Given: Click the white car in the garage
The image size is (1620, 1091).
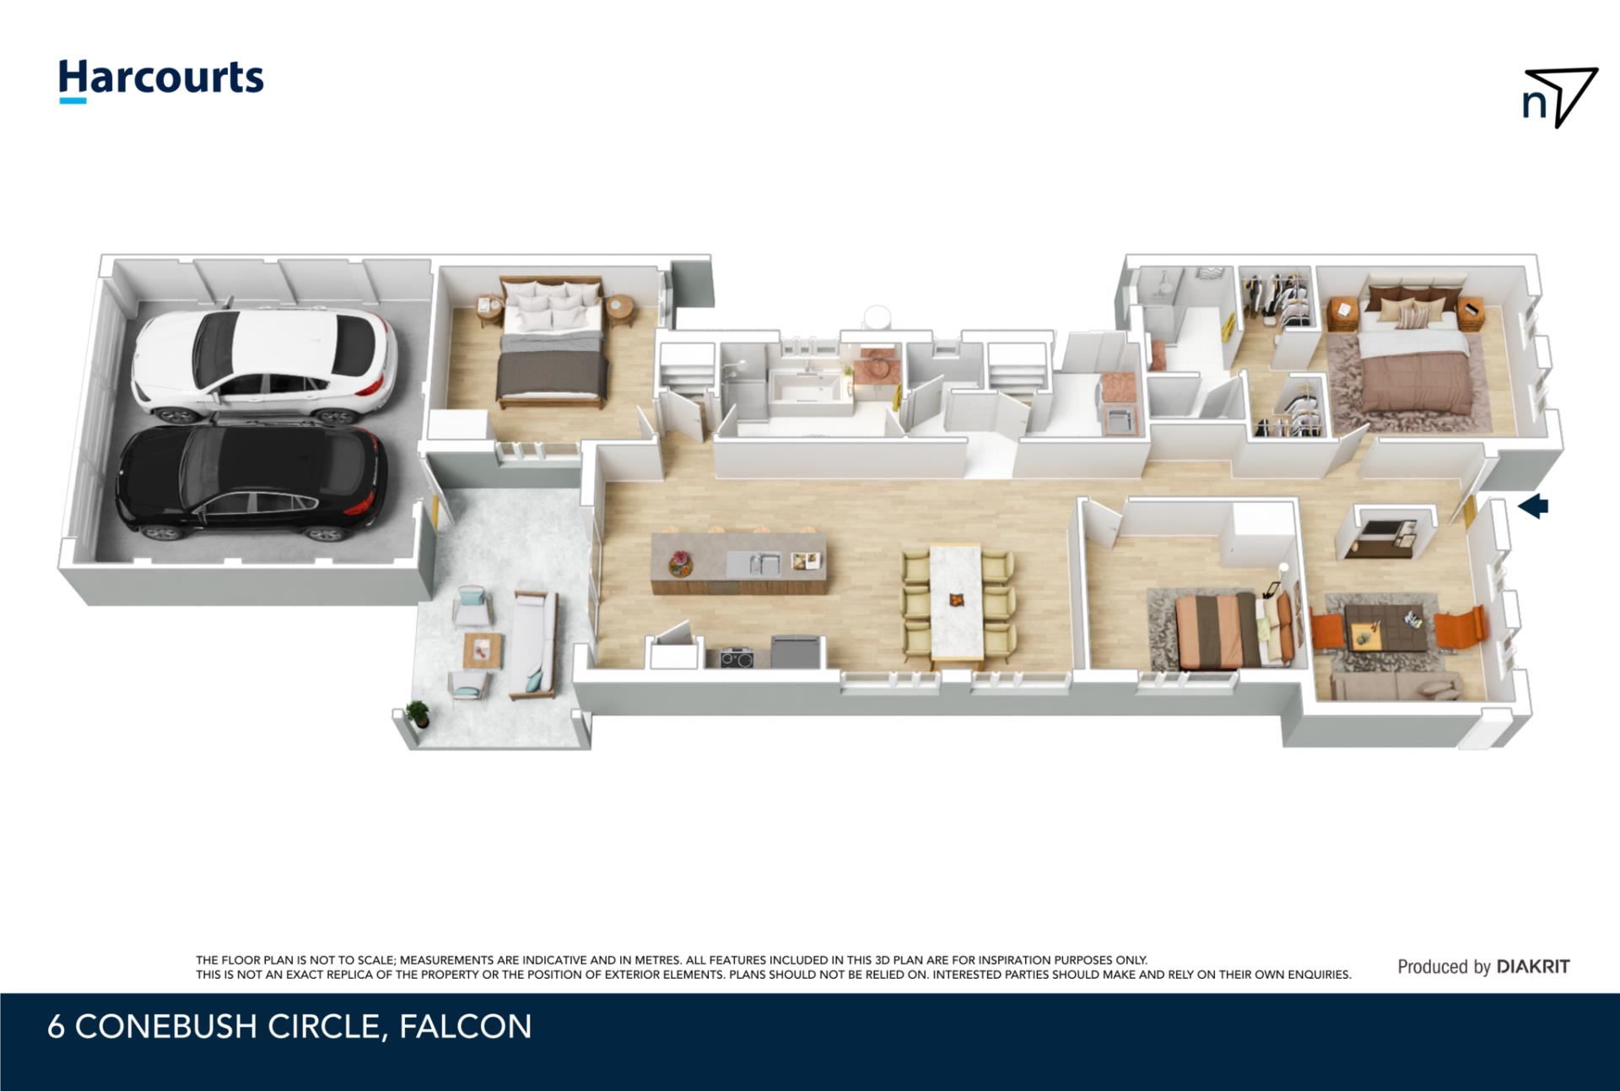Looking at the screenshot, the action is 264,365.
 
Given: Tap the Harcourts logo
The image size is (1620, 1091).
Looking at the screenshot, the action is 161,80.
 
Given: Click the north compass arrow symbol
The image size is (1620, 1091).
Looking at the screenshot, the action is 1560,97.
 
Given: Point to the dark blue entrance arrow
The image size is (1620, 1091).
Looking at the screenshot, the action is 1533,506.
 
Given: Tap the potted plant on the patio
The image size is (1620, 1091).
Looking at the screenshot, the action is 418,714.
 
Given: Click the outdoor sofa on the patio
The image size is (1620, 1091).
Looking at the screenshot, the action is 533,645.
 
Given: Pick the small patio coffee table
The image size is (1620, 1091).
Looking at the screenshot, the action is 483,651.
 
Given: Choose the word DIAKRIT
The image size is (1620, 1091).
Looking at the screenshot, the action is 1533,967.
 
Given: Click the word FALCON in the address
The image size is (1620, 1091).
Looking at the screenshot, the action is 465,1027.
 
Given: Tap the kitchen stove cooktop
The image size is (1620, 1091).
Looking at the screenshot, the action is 737,656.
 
